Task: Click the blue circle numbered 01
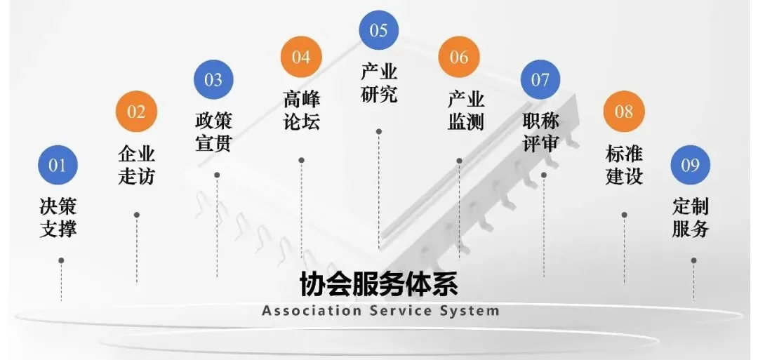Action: [x=58, y=165]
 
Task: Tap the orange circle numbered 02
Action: [x=136, y=112]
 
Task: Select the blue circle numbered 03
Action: [x=213, y=79]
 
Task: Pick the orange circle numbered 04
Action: [x=301, y=57]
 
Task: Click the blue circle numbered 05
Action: [x=378, y=30]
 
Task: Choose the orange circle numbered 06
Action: [x=459, y=57]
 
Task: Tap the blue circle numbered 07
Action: [x=540, y=79]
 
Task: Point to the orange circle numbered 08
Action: [x=624, y=112]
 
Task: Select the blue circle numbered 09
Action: [x=691, y=165]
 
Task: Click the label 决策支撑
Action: [x=58, y=218]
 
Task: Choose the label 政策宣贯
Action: [x=213, y=131]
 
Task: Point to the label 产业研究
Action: [x=379, y=83]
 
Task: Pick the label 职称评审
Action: [x=540, y=131]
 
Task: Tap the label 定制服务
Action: [x=691, y=218]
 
